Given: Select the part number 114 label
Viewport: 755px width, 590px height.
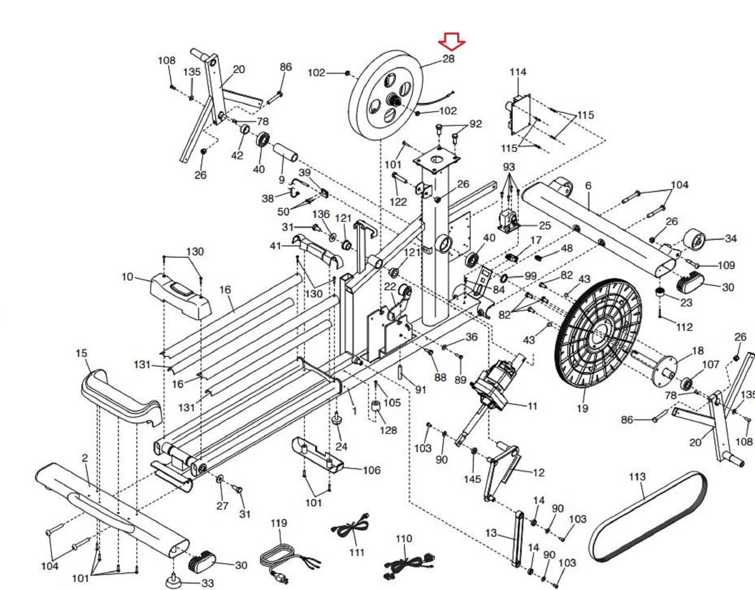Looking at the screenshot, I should pyautogui.click(x=518, y=72).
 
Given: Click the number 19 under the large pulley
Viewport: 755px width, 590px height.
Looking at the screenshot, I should pyautogui.click(x=582, y=408).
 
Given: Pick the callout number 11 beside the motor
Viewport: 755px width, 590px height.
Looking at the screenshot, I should pyautogui.click(x=532, y=406).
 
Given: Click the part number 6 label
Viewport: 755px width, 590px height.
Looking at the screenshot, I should pyautogui.click(x=588, y=185).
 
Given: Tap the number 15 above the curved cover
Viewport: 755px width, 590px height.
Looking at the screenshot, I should pyautogui.click(x=81, y=353).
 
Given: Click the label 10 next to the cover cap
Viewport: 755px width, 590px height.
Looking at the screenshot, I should pyautogui.click(x=127, y=277).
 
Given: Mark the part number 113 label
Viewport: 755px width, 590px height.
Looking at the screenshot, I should pyautogui.click(x=637, y=477).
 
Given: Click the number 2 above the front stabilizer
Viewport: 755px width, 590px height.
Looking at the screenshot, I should pyautogui.click(x=84, y=458).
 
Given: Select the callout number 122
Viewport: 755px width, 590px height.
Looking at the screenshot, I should pyautogui.click(x=398, y=202).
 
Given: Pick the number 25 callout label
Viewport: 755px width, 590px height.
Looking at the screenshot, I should pyautogui.click(x=545, y=226).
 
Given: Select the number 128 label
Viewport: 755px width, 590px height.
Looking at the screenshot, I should pyautogui.click(x=388, y=430).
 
